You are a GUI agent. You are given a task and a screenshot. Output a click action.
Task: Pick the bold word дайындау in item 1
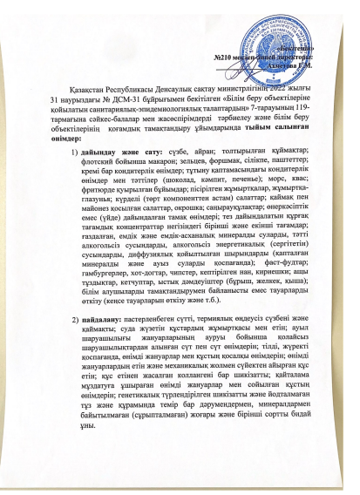(x=111, y=153)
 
